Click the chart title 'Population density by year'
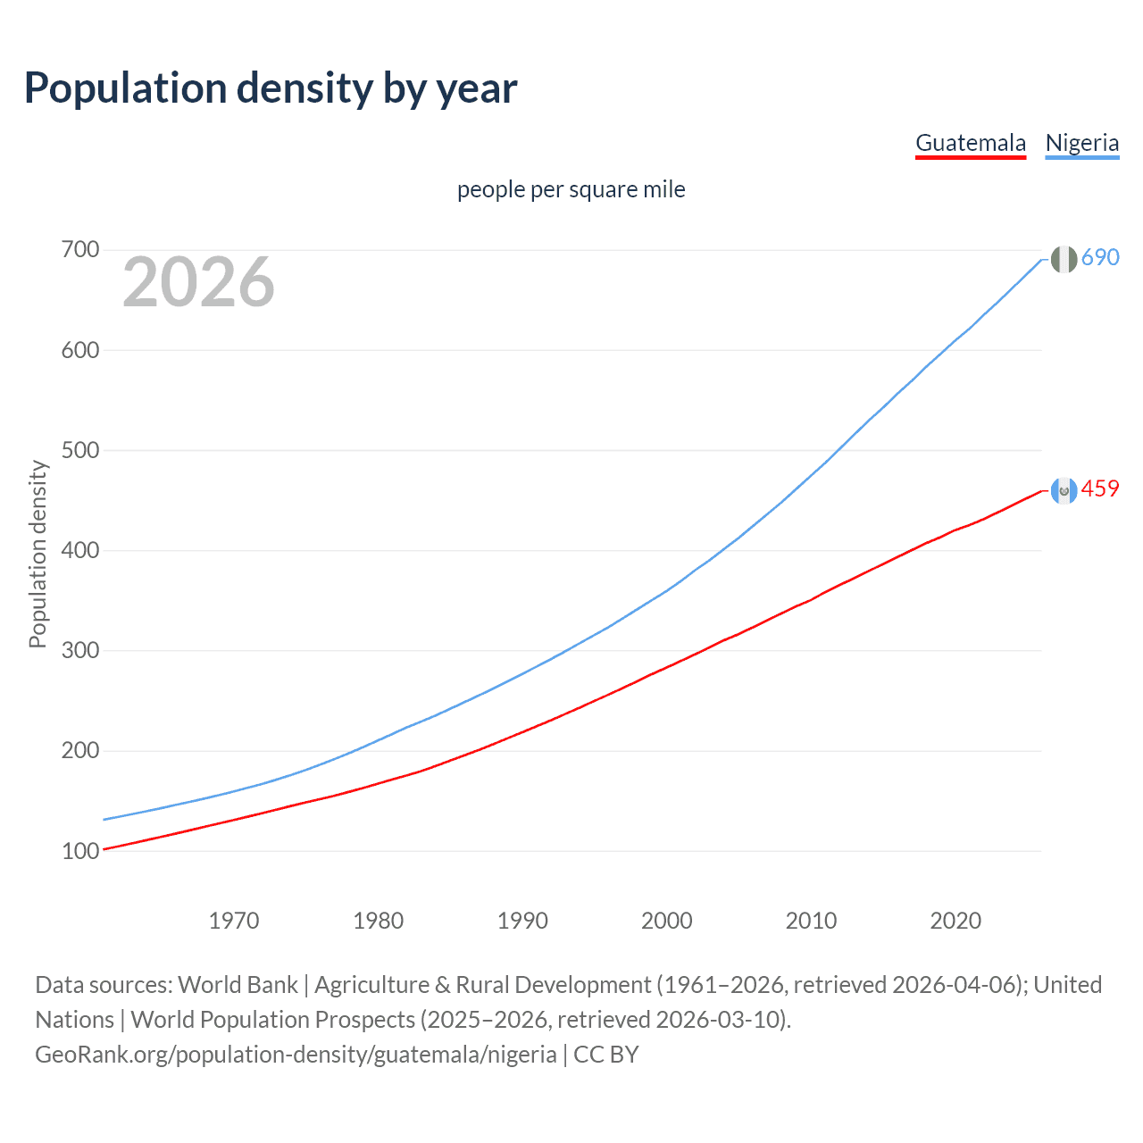(271, 88)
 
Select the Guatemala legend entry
(971, 143)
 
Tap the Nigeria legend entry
(1081, 143)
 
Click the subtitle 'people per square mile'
(571, 189)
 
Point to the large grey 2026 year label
(198, 282)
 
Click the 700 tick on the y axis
(79, 250)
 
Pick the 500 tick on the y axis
(79, 450)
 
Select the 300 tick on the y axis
(79, 650)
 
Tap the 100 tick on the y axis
(79, 851)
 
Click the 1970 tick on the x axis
(234, 921)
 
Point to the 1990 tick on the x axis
(522, 921)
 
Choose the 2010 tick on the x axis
(811, 921)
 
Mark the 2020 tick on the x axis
(955, 921)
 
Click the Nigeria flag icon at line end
(1063, 259)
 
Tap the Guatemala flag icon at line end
(1063, 490)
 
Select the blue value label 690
(1100, 258)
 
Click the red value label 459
(1100, 489)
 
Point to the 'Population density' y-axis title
(38, 554)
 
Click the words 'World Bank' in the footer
(238, 985)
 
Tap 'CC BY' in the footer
(606, 1055)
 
